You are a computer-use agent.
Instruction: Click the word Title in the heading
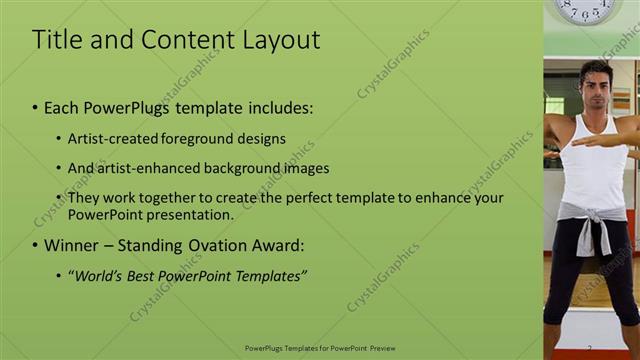click(55, 40)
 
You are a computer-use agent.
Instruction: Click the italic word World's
click(100, 275)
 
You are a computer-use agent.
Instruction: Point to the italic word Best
click(147, 275)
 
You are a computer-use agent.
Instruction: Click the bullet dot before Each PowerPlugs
click(36, 107)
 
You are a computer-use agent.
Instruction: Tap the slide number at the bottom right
click(589, 348)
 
